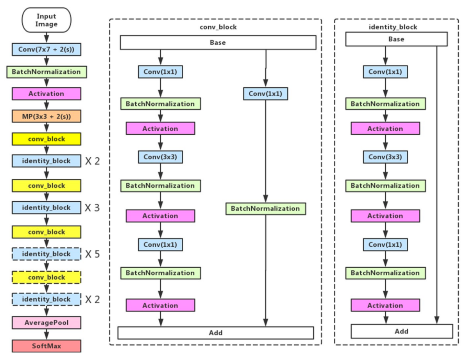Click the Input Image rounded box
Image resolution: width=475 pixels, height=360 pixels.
point(46,20)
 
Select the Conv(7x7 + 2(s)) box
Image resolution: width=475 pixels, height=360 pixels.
point(46,49)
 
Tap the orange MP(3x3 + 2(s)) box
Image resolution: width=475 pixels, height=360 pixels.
point(46,116)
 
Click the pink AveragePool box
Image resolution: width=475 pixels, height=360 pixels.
point(46,323)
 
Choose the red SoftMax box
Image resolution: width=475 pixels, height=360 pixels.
point(46,346)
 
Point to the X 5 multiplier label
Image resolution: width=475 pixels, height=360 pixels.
point(92,254)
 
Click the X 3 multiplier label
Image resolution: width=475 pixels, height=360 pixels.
point(92,208)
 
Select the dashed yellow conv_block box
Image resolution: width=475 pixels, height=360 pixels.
point(46,277)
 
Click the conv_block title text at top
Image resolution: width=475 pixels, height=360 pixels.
point(218,27)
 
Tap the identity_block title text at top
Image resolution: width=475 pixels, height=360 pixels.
point(393,27)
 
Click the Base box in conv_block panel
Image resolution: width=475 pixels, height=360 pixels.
point(218,42)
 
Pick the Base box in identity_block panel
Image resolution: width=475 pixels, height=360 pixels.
point(396,39)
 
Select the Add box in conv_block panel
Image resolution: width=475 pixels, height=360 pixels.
point(215,333)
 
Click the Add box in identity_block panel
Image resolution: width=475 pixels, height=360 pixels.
point(401,331)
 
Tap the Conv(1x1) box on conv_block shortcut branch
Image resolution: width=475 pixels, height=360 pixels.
point(265,94)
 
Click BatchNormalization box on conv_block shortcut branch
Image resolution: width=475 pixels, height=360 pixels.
point(265,209)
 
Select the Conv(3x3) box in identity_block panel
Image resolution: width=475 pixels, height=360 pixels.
point(385,157)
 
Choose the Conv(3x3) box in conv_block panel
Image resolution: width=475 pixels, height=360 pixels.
point(160,157)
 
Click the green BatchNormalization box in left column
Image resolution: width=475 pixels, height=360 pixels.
point(46,72)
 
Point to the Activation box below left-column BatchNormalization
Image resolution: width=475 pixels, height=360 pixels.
point(46,94)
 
